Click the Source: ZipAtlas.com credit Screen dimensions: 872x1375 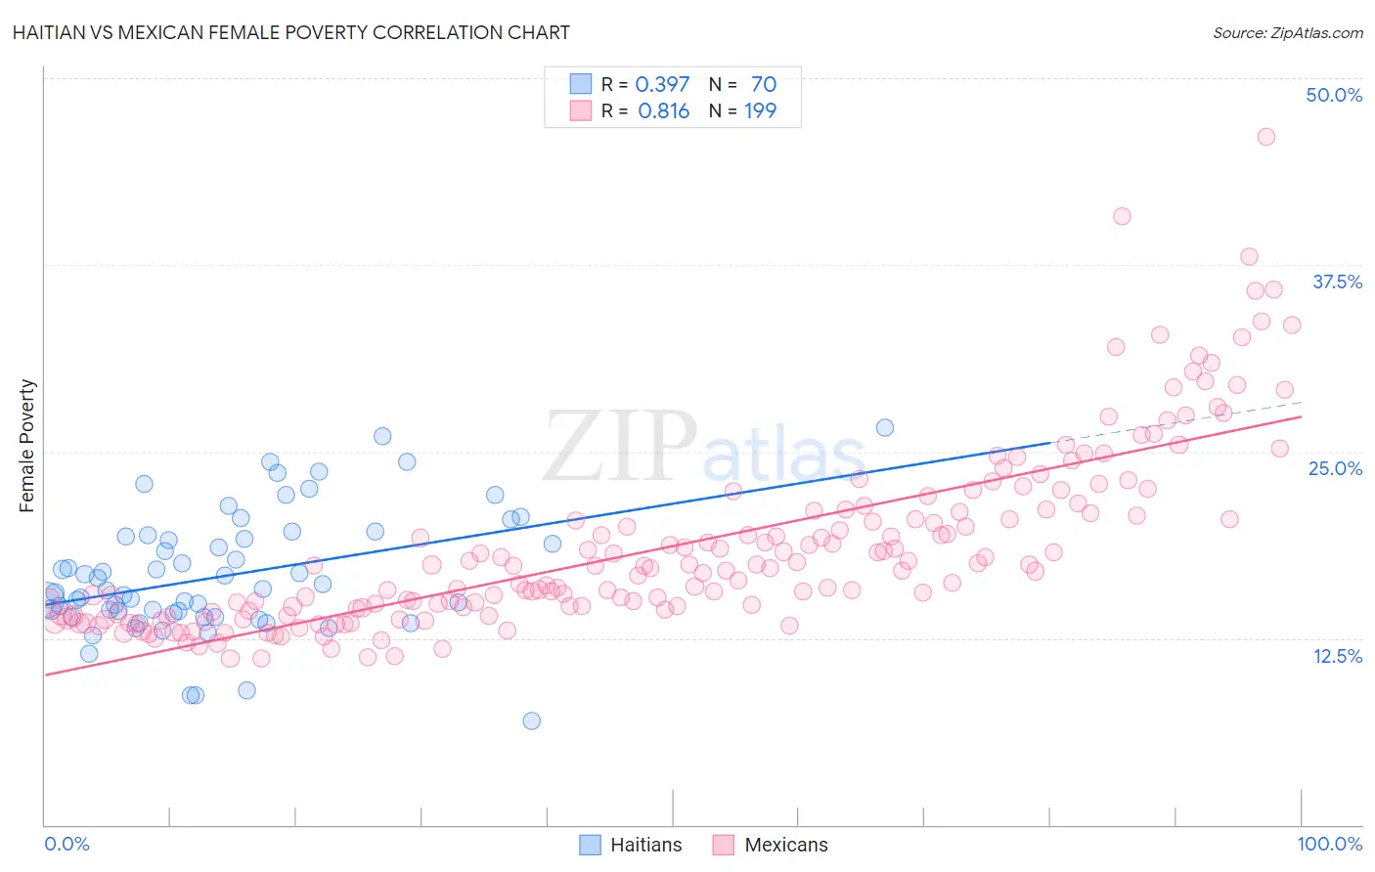point(1287,32)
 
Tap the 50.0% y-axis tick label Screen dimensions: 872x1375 point(1334,95)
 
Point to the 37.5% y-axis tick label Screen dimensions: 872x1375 point(1337,282)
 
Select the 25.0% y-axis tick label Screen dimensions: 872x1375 point(1335,468)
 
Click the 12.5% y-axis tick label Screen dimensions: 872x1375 point(1337,656)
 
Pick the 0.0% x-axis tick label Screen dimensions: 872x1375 point(67,844)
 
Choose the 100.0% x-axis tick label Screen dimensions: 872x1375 point(1329,844)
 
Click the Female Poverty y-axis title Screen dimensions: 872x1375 point(27,446)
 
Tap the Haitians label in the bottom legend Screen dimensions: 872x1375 point(645,845)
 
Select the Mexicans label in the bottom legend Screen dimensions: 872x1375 point(785,845)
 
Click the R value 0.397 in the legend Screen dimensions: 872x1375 point(662,84)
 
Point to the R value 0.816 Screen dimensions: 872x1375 point(663,111)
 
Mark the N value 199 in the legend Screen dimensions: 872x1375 point(760,111)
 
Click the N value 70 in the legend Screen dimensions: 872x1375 point(763,84)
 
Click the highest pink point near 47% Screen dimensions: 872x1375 point(1265,137)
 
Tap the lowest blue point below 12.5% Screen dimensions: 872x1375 point(531,720)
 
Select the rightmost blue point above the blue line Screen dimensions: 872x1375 point(884,427)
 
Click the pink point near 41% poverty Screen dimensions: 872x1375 point(1122,216)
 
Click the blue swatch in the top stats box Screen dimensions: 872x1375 point(581,84)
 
